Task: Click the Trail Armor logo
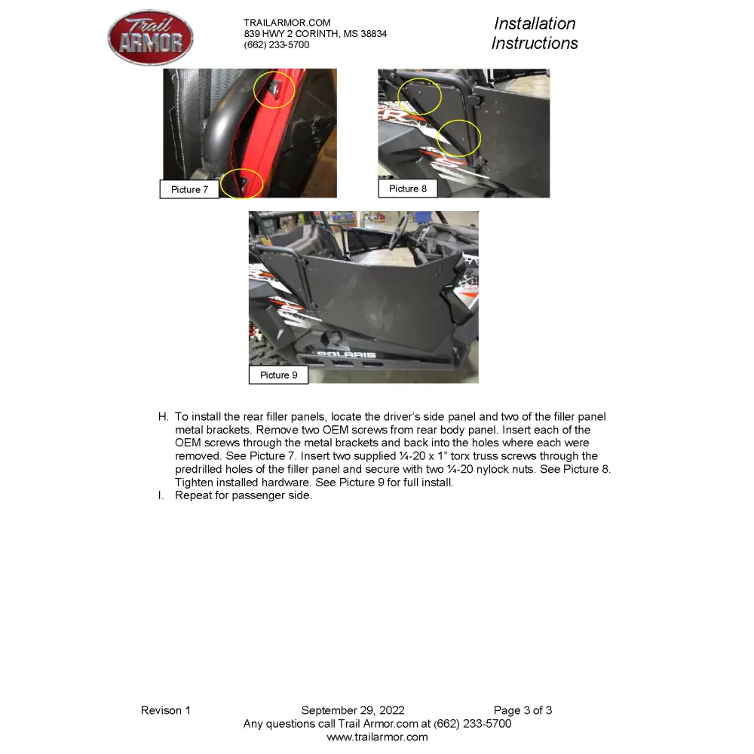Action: coord(151,38)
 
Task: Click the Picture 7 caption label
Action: coord(189,189)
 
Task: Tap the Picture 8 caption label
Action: coord(408,188)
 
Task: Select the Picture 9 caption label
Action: coord(278,375)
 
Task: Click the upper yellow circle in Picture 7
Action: coord(274,89)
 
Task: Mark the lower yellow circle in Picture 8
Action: coord(459,138)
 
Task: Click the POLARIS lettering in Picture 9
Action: coord(346,354)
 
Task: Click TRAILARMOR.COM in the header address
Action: coord(287,23)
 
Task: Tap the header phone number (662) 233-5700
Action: coord(277,45)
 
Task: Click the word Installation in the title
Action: coord(535,24)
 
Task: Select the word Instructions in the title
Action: coord(535,43)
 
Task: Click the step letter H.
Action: coord(162,417)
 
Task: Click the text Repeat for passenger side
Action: coord(243,495)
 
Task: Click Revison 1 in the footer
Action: coord(166,710)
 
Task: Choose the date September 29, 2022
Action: coord(353,710)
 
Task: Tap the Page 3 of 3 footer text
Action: coord(523,710)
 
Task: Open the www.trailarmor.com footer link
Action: coord(377,737)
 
